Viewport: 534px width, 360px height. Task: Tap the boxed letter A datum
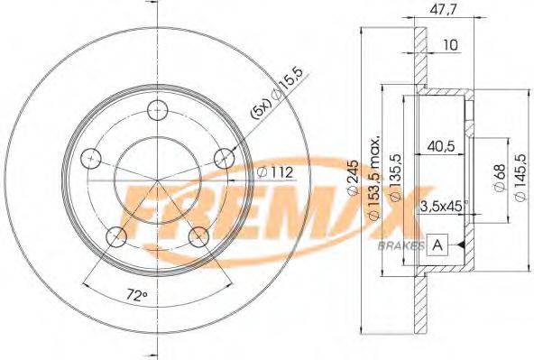(x=437, y=244)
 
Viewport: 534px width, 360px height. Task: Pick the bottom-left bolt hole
(x=115, y=237)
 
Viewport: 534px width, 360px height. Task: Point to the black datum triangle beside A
(x=459, y=244)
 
